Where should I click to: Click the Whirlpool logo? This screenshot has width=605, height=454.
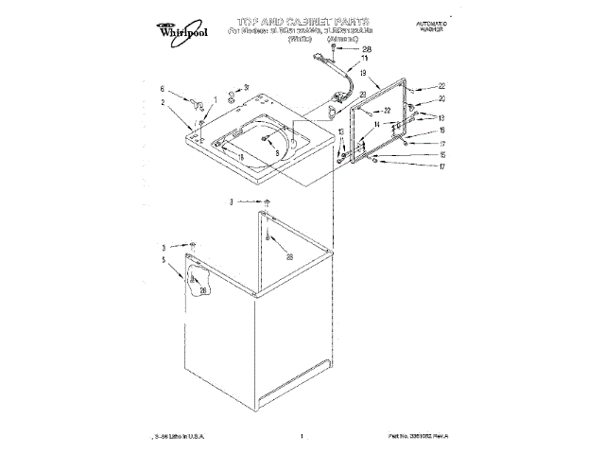(187, 30)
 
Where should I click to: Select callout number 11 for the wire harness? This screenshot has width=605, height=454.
(365, 58)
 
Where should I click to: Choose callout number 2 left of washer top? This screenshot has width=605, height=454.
(163, 101)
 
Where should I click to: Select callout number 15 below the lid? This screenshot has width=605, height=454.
(441, 154)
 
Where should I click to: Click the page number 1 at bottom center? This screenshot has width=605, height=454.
(301, 436)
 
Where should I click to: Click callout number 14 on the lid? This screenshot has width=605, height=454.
(375, 123)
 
